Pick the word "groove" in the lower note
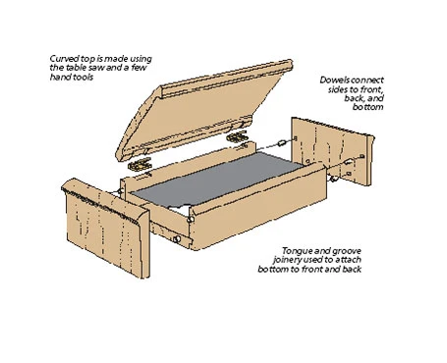click(347, 251)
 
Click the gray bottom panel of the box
click(216, 179)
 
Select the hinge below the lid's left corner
click(140, 164)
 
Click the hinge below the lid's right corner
click(237, 136)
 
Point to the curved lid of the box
click(203, 111)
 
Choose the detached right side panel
click(332, 151)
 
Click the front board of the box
click(258, 206)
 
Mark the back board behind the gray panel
click(189, 167)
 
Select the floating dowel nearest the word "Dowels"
click(281, 143)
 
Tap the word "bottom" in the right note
click(367, 107)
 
